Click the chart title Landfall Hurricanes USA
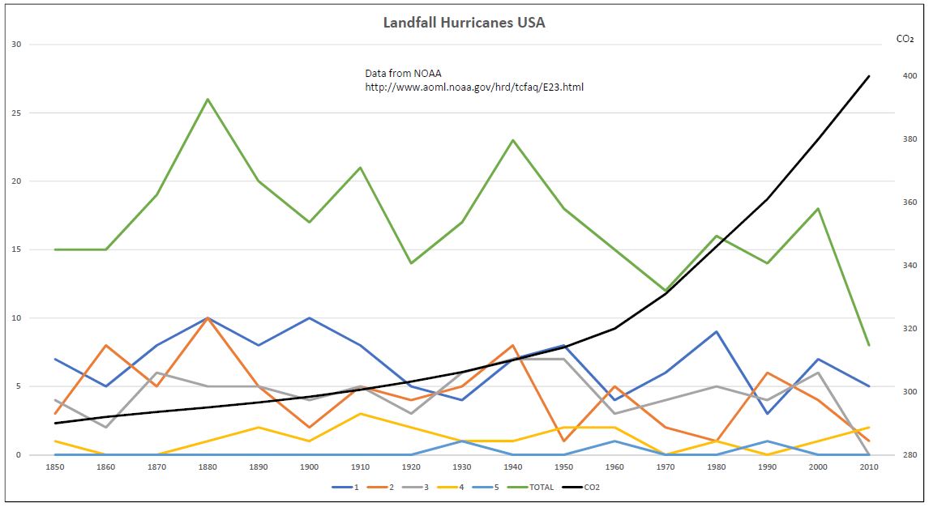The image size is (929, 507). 464,23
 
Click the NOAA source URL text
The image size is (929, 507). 474,87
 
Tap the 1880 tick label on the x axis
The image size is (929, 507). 208,467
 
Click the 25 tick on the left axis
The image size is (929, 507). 15,113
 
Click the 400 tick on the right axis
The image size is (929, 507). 910,76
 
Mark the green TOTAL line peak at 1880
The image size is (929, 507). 208,100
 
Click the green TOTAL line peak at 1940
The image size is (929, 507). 512,140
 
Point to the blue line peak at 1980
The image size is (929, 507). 715,331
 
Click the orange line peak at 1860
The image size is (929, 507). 106,346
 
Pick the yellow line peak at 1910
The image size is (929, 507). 360,414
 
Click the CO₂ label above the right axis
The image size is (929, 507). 905,38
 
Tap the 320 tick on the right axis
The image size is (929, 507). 910,329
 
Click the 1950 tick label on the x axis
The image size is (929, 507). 563,467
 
